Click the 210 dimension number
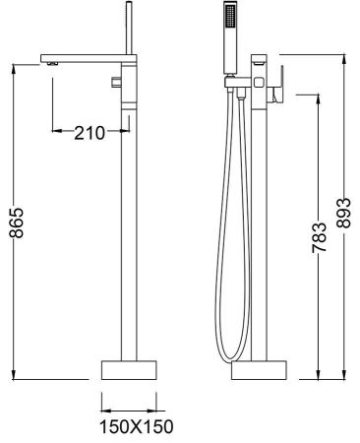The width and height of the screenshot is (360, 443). click(90, 133)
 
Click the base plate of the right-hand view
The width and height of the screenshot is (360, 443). click(260, 371)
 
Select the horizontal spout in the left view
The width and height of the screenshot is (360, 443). click(84, 57)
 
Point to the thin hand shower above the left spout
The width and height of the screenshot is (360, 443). click(128, 25)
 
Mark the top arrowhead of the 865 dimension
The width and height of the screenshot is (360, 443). click(14, 69)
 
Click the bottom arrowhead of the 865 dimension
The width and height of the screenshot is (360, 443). click(14, 373)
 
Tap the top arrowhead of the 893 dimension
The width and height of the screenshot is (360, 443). click(343, 56)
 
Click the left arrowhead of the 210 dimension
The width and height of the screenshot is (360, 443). click(55, 132)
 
